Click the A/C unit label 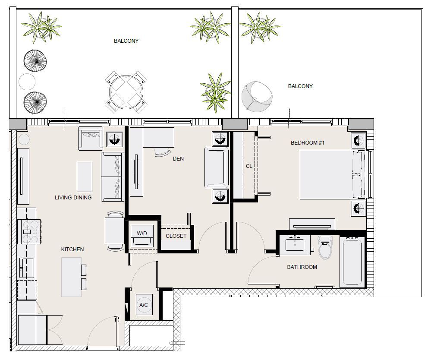[144, 305]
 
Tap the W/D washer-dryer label [142, 234]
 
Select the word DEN [178, 159]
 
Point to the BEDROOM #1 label [308, 143]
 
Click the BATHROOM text [302, 267]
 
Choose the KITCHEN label [72, 249]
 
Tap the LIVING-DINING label [73, 197]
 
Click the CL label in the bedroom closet [249, 166]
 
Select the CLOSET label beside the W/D [176, 236]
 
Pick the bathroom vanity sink [295, 244]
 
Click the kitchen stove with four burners [29, 231]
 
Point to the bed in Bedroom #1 [332, 174]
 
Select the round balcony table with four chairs [126, 92]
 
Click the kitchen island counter [72, 277]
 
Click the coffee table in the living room [85, 177]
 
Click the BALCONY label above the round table [126, 41]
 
